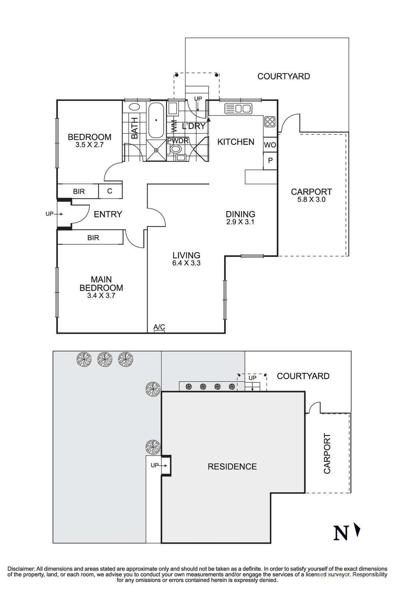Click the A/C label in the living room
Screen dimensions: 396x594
click(159, 327)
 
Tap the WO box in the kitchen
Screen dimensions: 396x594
click(270, 145)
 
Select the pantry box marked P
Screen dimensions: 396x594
click(270, 161)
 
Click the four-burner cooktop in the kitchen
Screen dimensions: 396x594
click(270, 122)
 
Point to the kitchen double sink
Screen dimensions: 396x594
click(238, 109)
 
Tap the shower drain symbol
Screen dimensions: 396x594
click(156, 150)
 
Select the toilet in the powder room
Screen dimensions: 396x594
click(175, 149)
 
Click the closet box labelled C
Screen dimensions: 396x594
click(110, 191)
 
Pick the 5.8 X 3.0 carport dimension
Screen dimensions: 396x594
click(311, 199)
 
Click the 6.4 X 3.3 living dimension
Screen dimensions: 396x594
click(186, 263)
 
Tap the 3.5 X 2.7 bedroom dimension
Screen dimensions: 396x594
click(89, 145)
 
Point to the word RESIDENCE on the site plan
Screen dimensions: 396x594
click(232, 466)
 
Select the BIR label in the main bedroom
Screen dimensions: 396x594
click(93, 238)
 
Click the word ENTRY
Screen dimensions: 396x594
click(108, 214)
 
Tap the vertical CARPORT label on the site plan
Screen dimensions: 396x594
click(327, 453)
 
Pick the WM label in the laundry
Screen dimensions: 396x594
click(174, 126)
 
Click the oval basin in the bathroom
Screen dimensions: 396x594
click(134, 107)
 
